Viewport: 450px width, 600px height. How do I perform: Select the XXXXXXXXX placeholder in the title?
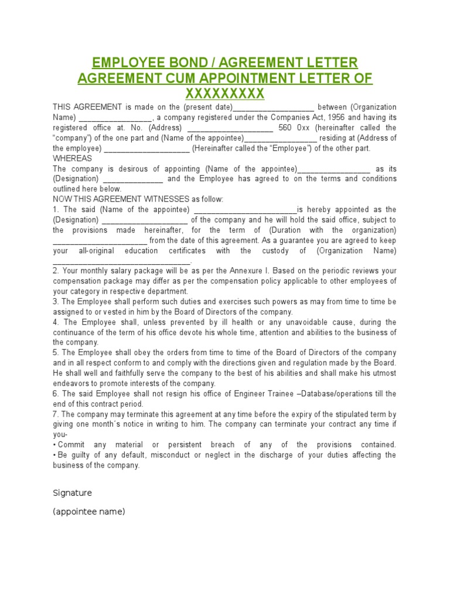(225, 94)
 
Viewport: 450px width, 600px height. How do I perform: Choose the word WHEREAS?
(73, 158)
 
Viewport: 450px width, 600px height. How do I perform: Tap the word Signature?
(73, 493)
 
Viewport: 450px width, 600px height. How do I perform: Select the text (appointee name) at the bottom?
(89, 512)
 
